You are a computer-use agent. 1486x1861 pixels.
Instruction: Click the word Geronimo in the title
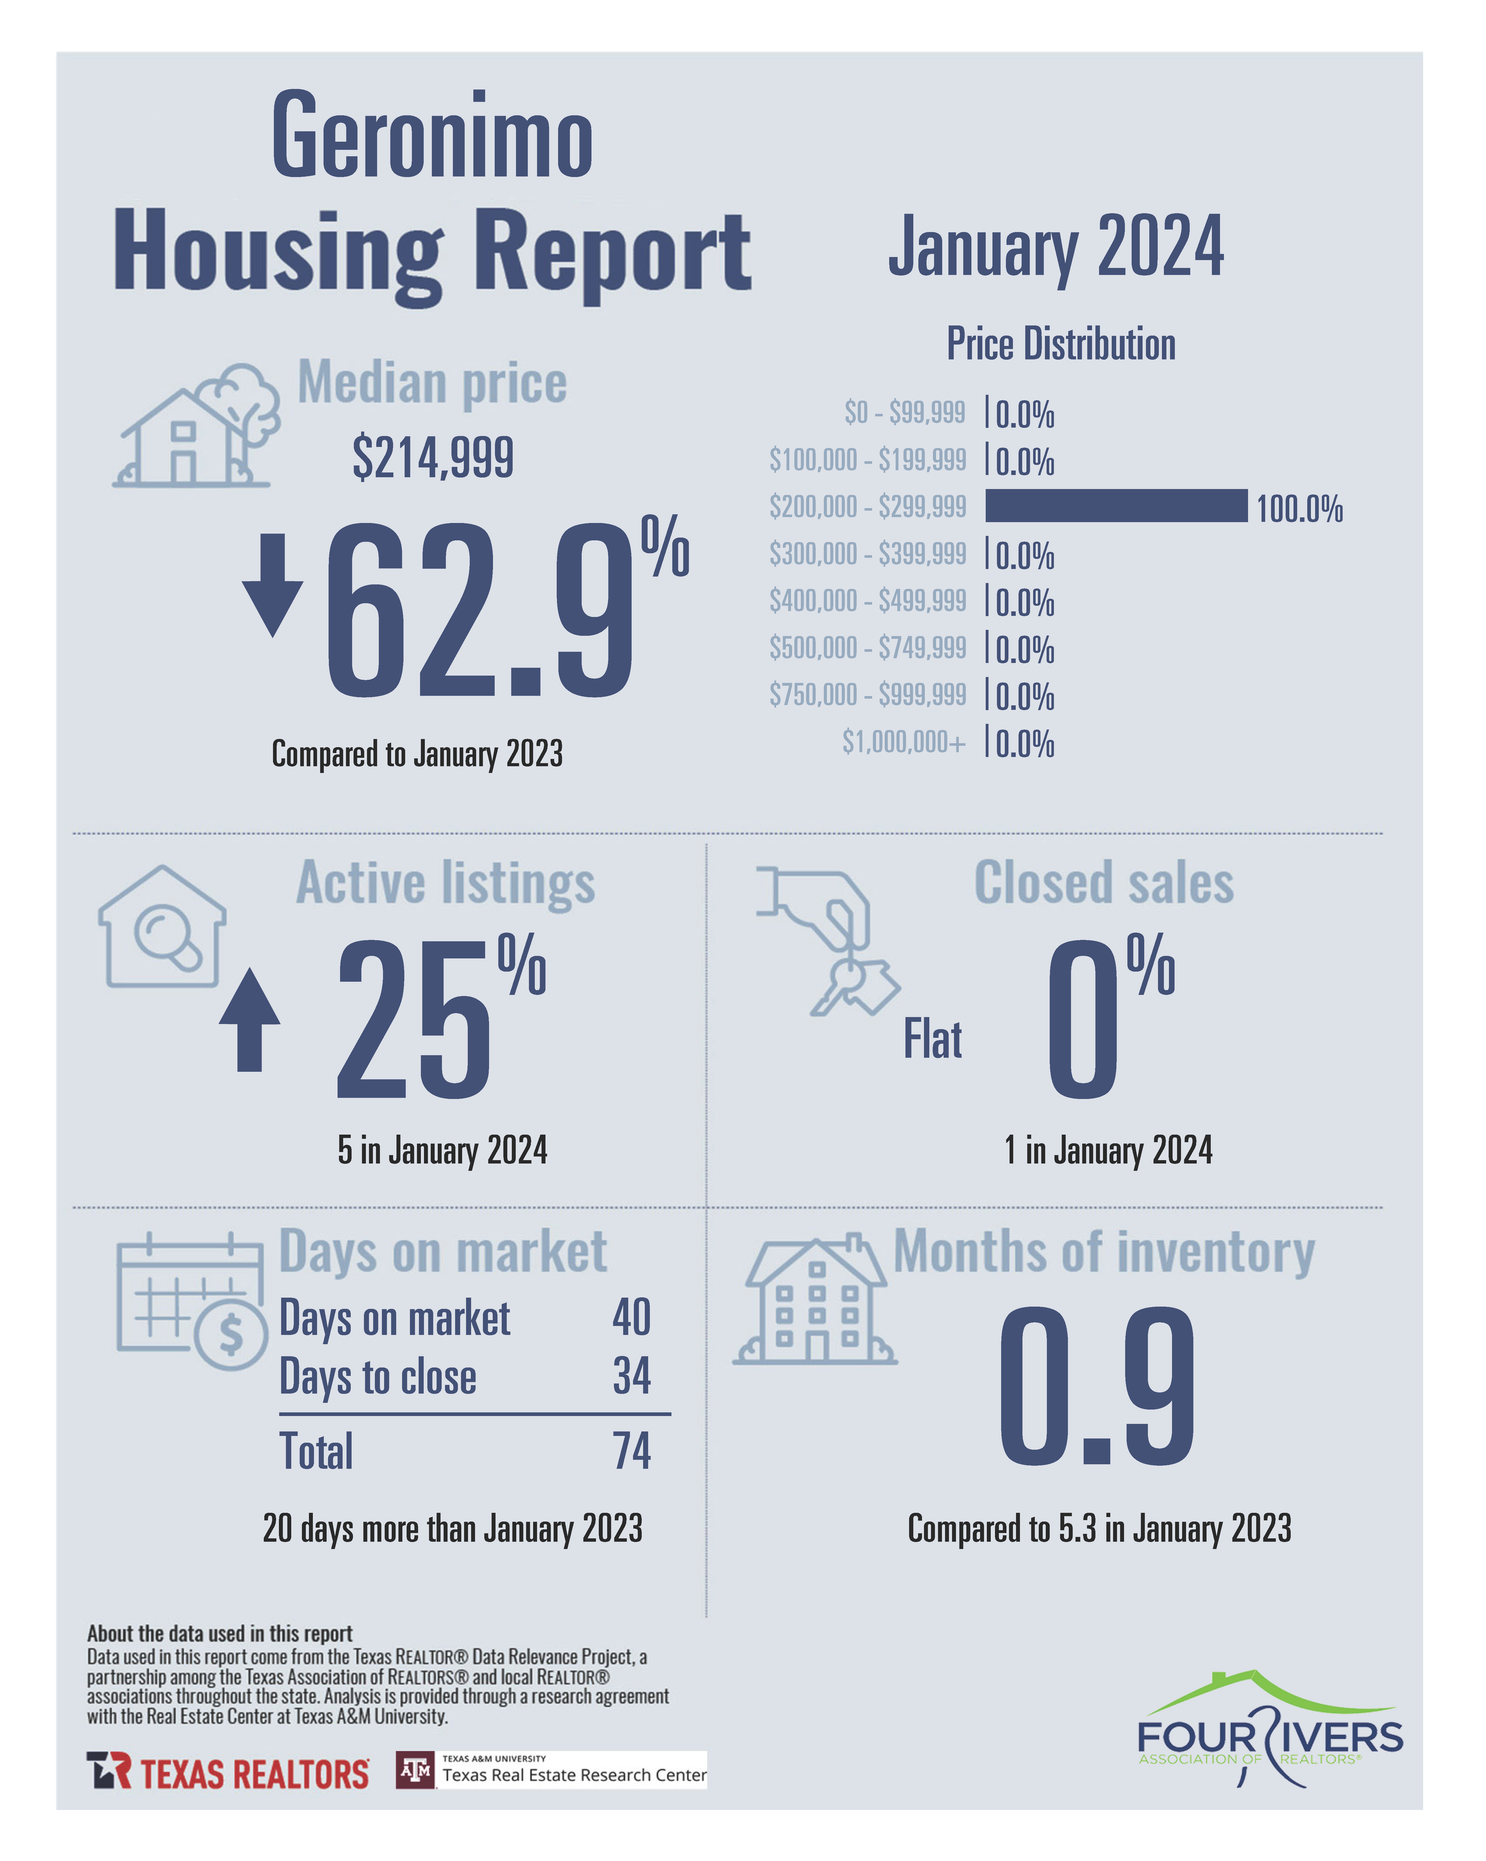coord(432,136)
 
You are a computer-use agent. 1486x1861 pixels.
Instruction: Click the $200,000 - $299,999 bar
coord(1116,506)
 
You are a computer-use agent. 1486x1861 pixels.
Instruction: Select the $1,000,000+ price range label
coord(903,742)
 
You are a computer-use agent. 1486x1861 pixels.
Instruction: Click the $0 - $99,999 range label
coord(904,413)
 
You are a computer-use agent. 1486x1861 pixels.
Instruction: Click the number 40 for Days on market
coord(631,1317)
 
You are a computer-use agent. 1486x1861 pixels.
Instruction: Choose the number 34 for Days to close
coord(631,1376)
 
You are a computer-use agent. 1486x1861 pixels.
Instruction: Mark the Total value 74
coord(631,1451)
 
